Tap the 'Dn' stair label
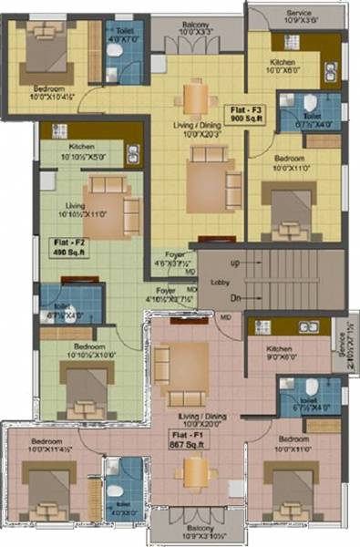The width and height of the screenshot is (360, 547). click(234, 299)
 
